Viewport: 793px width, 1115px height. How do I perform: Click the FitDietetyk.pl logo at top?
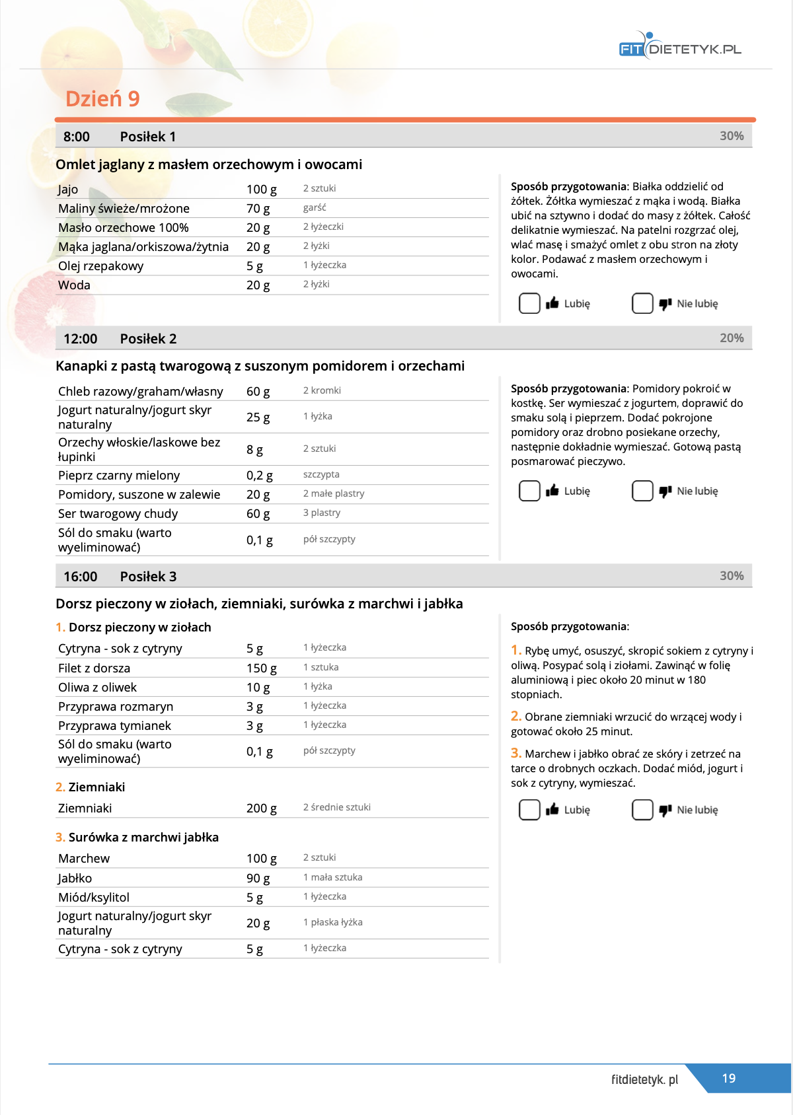click(x=680, y=48)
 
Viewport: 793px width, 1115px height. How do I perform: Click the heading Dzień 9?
click(x=102, y=99)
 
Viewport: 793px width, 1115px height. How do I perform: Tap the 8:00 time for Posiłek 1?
click(x=77, y=137)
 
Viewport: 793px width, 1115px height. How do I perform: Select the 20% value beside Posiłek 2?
click(x=732, y=338)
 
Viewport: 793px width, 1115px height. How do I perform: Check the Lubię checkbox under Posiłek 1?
click(x=529, y=303)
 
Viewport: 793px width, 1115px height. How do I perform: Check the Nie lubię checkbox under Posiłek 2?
click(x=642, y=491)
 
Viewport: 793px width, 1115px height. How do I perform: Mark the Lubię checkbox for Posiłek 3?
click(x=529, y=810)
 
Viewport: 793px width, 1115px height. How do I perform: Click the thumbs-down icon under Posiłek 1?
click(x=665, y=304)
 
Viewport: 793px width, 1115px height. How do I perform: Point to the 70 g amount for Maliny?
click(x=258, y=209)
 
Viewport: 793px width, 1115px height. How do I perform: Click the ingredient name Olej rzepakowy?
click(x=100, y=266)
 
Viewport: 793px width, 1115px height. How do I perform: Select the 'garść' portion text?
click(x=315, y=207)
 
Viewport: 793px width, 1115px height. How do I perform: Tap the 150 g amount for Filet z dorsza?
click(x=261, y=668)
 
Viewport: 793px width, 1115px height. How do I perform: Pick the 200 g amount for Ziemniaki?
click(x=261, y=809)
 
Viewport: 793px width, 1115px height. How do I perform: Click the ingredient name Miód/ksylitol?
click(x=94, y=898)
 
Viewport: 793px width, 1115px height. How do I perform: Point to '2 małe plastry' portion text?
click(x=334, y=493)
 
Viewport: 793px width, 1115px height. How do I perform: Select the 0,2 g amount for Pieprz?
click(x=259, y=476)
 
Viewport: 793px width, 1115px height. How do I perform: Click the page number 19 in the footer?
click(x=728, y=1078)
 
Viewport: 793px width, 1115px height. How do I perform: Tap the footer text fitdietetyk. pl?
click(x=644, y=1079)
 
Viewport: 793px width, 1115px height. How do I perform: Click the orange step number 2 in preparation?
click(x=516, y=716)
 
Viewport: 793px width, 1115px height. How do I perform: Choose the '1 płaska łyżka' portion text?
click(x=332, y=922)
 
